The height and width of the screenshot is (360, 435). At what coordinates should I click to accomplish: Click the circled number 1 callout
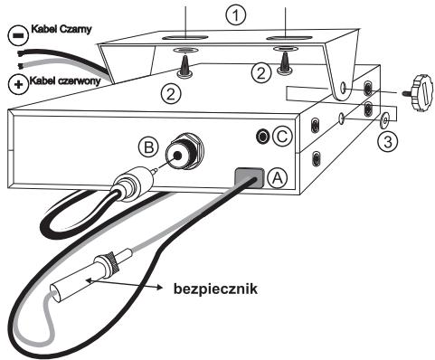pyautogui.click(x=236, y=15)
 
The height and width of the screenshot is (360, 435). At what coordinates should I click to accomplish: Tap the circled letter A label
pyautogui.click(x=278, y=178)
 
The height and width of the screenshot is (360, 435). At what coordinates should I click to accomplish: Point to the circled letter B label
pyautogui.click(x=148, y=147)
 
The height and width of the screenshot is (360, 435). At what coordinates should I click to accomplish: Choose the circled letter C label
pyautogui.click(x=282, y=137)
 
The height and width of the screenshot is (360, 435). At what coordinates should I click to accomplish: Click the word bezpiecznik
pyautogui.click(x=215, y=289)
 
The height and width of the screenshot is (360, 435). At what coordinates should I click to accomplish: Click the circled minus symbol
pyautogui.click(x=18, y=35)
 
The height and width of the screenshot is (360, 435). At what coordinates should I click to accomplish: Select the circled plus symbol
pyautogui.click(x=18, y=84)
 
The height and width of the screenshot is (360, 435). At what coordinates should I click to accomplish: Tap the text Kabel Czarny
pyautogui.click(x=61, y=29)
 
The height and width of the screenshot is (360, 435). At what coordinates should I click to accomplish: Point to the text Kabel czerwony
pyautogui.click(x=65, y=81)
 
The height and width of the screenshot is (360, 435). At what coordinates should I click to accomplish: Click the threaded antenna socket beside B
pyautogui.click(x=184, y=151)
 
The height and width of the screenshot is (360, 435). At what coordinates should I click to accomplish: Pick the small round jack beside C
pyautogui.click(x=262, y=137)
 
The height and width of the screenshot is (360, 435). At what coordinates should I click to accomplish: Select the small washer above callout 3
pyautogui.click(x=384, y=120)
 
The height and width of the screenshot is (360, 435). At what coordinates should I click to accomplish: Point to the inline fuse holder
pyautogui.click(x=90, y=274)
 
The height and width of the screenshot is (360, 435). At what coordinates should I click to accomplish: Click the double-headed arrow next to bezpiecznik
pyautogui.click(x=124, y=284)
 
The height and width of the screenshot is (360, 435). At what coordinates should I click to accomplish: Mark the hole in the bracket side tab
pyautogui.click(x=344, y=88)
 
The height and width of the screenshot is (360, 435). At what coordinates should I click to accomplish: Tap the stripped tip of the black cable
pyautogui.click(x=21, y=54)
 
